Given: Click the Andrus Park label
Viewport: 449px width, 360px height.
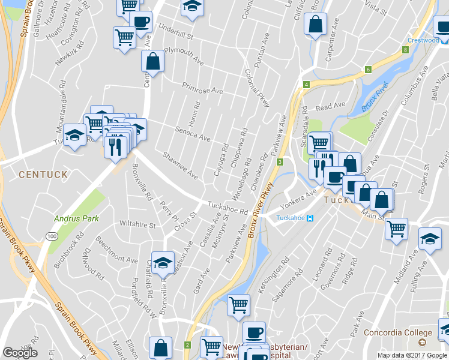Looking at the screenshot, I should (x=77, y=218).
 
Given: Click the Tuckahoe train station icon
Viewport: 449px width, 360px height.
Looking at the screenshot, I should (x=310, y=218).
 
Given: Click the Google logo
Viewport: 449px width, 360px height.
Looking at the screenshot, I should (x=20, y=353).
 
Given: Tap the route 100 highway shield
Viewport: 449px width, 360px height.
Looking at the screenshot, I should (x=53, y=237).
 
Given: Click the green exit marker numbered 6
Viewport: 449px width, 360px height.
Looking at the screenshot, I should (x=367, y=70).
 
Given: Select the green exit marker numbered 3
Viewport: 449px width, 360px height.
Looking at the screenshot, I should (x=280, y=162).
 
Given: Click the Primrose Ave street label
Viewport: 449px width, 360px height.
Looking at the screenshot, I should (x=202, y=88).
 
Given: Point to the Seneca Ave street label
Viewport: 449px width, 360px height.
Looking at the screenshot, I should (x=192, y=133).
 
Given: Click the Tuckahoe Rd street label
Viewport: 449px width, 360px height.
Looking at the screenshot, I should (x=228, y=208).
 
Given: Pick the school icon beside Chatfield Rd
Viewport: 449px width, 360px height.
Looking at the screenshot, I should (x=162, y=262).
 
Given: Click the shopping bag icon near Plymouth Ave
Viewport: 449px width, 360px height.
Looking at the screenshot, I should (x=152, y=61).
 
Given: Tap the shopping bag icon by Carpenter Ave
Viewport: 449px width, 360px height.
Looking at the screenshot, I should (x=315, y=25).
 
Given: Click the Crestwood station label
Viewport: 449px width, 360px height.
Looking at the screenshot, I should (x=423, y=40).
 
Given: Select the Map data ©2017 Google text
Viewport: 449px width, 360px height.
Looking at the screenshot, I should (x=412, y=355).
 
